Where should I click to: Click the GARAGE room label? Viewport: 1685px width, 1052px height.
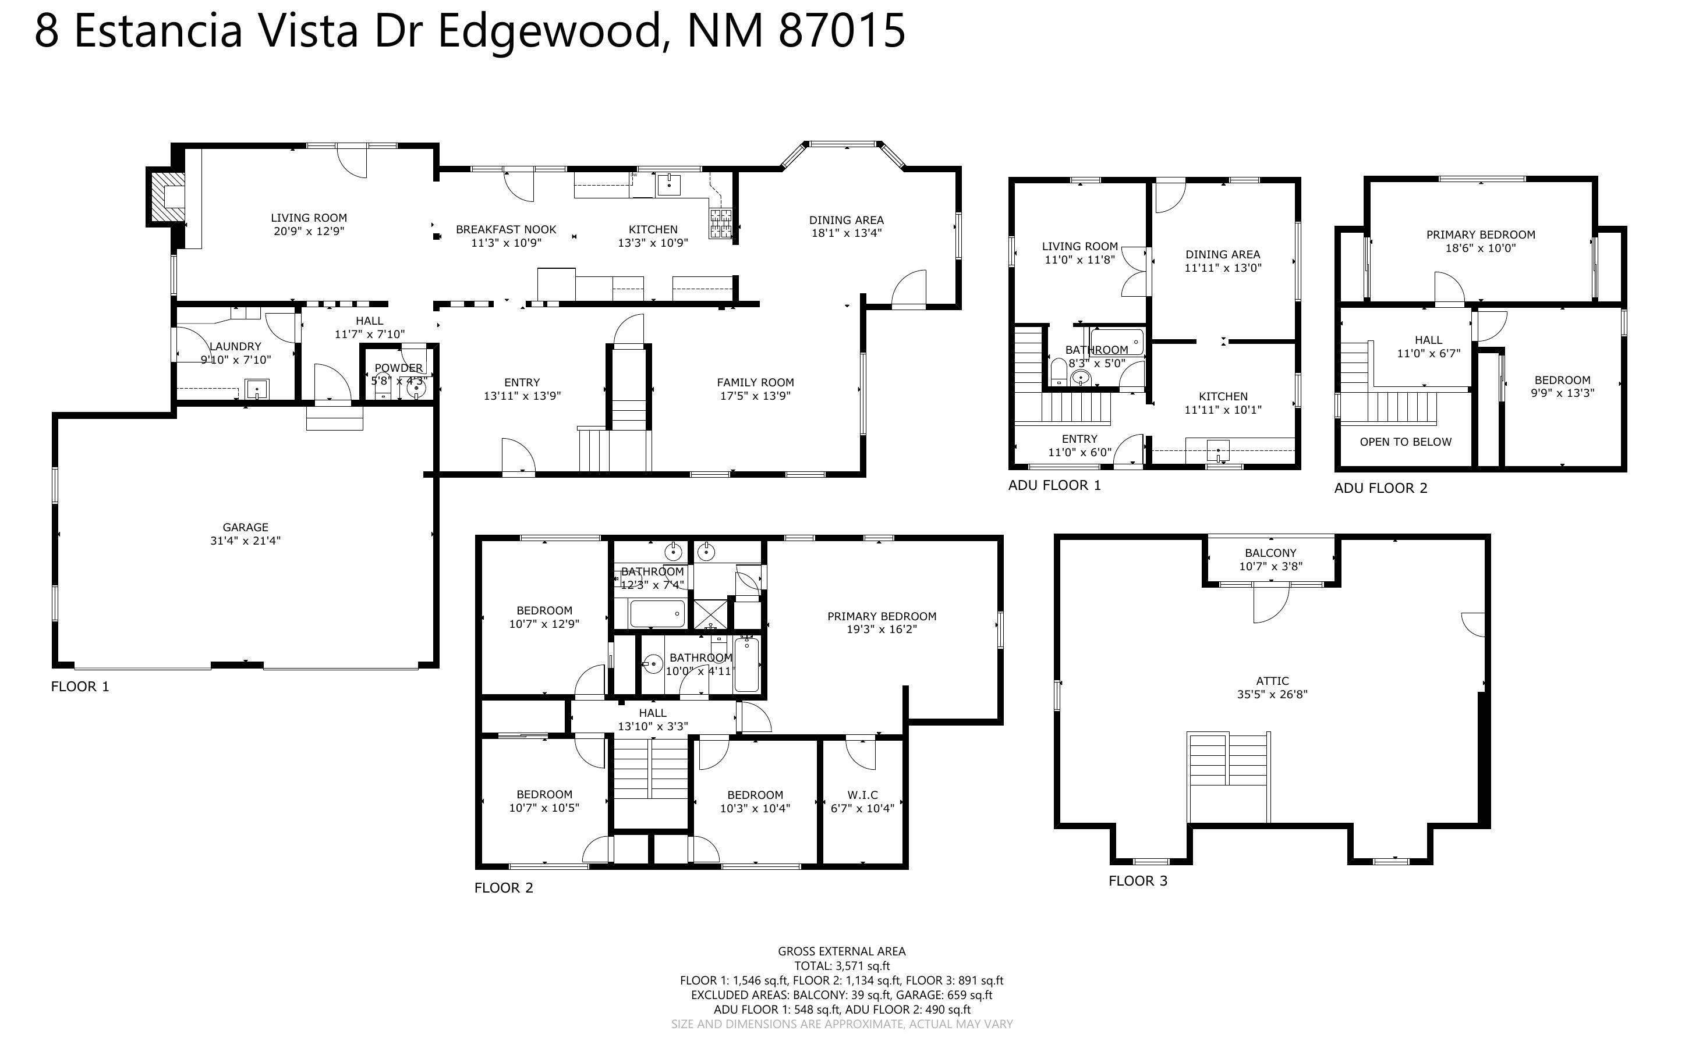245,527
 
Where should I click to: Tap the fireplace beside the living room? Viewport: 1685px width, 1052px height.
167,197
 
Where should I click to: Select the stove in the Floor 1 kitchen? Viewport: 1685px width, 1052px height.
720,223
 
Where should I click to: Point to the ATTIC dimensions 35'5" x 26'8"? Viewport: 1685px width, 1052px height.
1272,694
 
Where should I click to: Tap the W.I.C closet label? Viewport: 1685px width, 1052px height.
862,795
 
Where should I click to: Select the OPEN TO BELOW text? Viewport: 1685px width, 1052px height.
1405,442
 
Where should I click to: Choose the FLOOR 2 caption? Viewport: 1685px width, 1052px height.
503,888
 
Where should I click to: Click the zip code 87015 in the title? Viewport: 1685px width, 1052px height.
841,31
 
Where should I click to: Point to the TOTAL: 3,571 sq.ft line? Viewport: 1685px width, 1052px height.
841,966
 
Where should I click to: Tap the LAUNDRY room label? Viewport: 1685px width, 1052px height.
235,346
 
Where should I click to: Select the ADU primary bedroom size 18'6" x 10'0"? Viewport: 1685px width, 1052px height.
1481,248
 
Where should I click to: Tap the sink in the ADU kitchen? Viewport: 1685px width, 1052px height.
1218,451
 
